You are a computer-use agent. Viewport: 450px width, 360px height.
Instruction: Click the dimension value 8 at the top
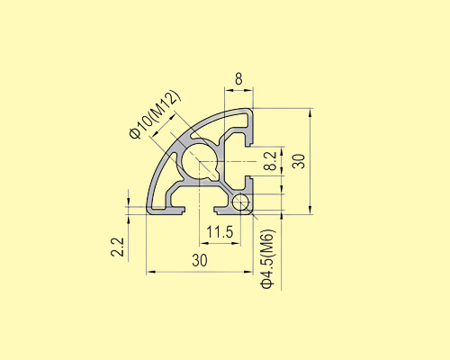click(x=238, y=79)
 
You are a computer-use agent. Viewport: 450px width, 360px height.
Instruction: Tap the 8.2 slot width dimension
click(x=269, y=162)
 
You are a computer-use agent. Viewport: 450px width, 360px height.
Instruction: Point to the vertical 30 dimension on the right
click(x=299, y=161)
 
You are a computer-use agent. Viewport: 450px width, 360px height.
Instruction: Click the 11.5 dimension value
click(x=220, y=232)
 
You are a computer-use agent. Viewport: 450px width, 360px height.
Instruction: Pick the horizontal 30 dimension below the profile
click(x=199, y=260)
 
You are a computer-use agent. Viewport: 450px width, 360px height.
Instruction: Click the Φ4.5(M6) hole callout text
click(x=267, y=259)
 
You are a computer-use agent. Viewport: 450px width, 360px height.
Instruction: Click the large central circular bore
click(x=199, y=163)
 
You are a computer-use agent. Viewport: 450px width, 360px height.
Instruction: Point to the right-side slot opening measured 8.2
click(x=252, y=163)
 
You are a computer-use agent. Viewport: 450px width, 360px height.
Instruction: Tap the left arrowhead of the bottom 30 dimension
click(x=150, y=271)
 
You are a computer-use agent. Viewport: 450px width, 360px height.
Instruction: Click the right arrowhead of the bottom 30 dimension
click(x=249, y=271)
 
